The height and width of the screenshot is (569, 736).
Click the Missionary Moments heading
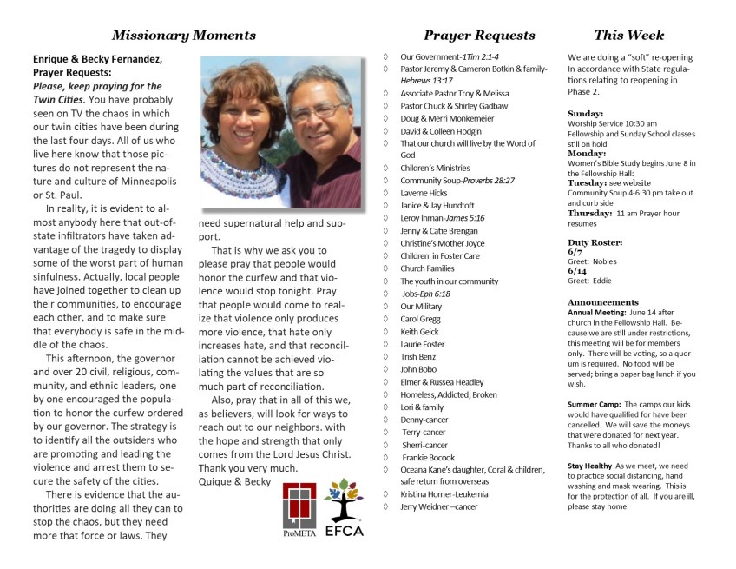[x=184, y=36]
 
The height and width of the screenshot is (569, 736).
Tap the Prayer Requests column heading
[x=479, y=36]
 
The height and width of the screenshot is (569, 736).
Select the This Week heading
[x=629, y=36]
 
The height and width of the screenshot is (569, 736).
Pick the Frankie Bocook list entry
[x=428, y=457]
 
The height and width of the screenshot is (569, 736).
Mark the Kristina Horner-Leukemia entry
[x=444, y=494]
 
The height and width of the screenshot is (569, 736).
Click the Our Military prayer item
[x=421, y=306]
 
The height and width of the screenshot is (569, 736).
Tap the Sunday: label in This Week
[x=586, y=114]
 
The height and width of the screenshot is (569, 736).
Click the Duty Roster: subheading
[x=595, y=241]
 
